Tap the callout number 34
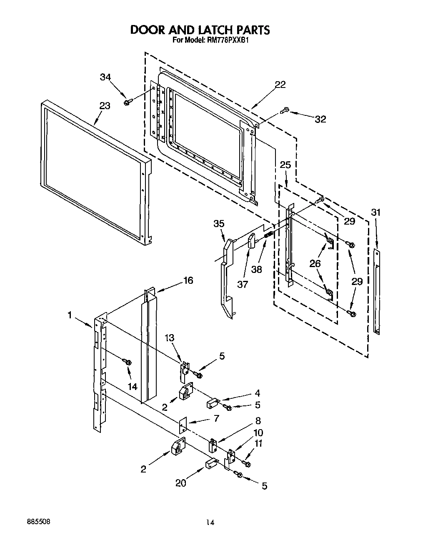106,77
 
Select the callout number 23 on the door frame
105,106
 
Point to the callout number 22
280,85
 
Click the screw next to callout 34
128,102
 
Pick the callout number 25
285,165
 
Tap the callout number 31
376,212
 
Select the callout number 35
219,224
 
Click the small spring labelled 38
268,236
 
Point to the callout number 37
243,284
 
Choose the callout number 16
188,280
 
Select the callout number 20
181,483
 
